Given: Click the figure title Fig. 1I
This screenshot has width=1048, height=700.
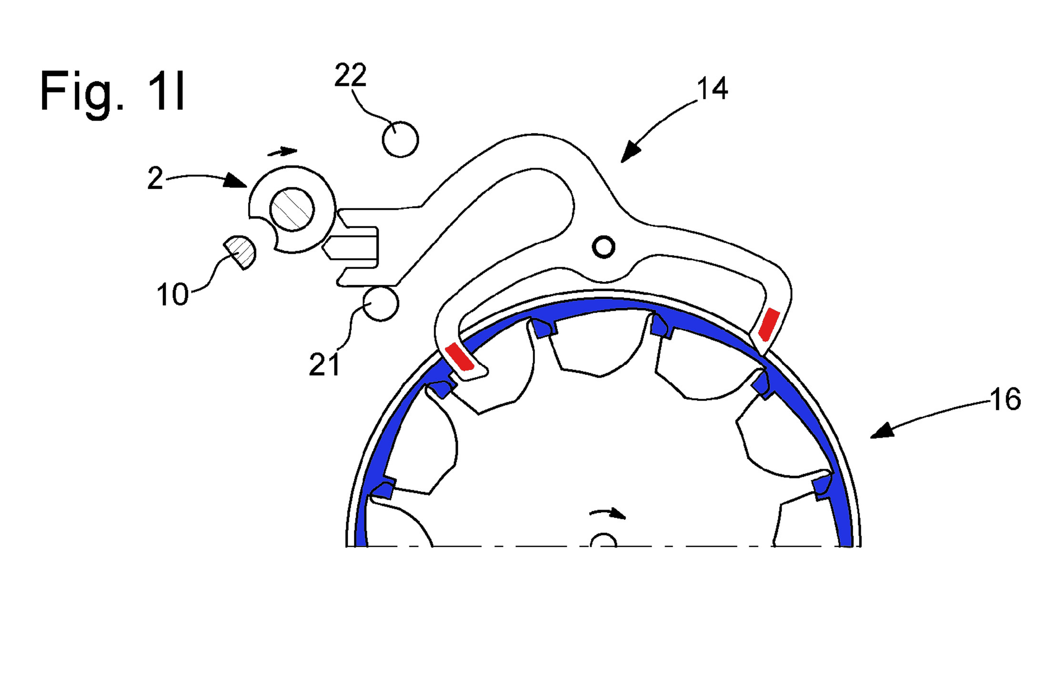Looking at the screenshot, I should coord(112,91).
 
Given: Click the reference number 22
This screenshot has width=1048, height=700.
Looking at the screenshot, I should coord(350,75).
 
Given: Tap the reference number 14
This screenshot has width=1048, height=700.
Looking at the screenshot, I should coord(712,89).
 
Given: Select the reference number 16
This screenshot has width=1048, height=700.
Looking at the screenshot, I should coord(1005,399).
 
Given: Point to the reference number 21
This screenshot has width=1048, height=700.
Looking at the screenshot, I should coord(324,365).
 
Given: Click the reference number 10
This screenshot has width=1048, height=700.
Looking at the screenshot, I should coord(172,295).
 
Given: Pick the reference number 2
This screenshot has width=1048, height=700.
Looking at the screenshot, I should coord(155,179).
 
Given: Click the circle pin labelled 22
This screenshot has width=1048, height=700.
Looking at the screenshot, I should coord(400,140).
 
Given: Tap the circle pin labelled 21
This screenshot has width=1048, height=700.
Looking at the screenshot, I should coord(381,304).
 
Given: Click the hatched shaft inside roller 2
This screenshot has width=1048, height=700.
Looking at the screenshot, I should coord(292,209).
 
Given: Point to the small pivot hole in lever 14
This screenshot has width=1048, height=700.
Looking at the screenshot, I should coord(604,247).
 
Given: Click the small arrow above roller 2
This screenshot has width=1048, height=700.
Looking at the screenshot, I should coord(282,152).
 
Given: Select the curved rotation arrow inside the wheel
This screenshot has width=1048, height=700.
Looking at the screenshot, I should coord(608,514).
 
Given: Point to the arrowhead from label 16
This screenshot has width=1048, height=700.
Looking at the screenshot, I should coord(881,431).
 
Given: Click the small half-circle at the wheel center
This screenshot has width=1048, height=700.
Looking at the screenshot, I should coord(604,541).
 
